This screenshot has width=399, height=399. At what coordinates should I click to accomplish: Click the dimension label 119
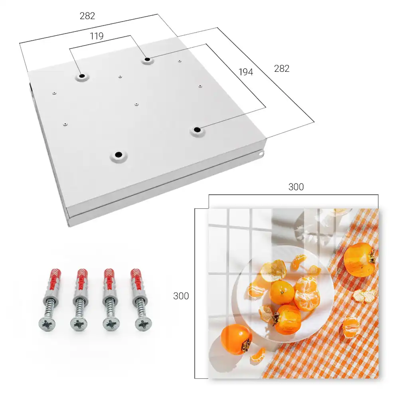click(x=97, y=36)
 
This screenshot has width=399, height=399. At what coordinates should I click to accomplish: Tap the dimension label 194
click(x=246, y=72)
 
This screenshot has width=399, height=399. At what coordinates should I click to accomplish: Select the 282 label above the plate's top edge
click(x=87, y=16)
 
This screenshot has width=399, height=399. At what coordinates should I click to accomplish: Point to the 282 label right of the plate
click(x=282, y=69)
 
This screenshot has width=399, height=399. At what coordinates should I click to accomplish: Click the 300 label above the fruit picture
click(x=296, y=187)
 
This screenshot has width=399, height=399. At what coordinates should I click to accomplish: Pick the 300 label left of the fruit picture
click(x=181, y=296)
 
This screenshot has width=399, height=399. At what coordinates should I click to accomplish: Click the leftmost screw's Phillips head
click(x=47, y=324)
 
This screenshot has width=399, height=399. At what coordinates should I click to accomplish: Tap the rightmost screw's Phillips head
click(x=143, y=324)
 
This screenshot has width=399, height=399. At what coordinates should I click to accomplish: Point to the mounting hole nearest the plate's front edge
click(x=119, y=154)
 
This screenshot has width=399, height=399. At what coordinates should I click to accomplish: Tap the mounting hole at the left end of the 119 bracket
click(x=82, y=76)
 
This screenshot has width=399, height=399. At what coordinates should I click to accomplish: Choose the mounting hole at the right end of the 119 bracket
click(x=147, y=59)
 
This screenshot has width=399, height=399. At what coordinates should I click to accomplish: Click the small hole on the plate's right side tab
click(x=261, y=154)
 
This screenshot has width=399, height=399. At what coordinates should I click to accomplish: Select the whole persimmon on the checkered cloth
click(x=360, y=260)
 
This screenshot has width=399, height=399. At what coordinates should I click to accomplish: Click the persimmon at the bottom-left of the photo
click(x=237, y=340)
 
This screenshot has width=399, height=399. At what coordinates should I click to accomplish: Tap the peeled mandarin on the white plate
click(x=307, y=294)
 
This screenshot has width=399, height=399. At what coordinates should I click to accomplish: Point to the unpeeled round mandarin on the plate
click(x=282, y=292)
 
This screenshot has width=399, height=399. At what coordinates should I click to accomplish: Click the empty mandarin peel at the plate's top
click(x=273, y=271)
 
